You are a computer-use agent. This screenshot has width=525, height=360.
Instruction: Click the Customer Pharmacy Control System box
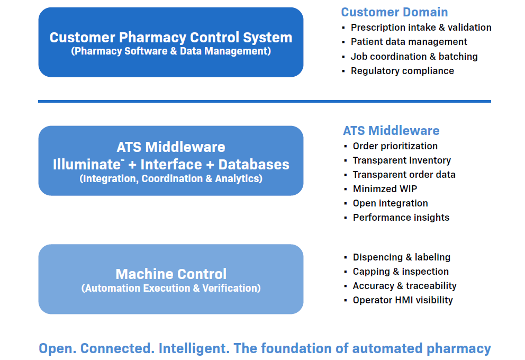click(x=170, y=42)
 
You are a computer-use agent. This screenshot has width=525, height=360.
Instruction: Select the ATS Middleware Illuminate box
click(x=170, y=161)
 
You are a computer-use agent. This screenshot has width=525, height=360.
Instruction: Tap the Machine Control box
click(x=170, y=280)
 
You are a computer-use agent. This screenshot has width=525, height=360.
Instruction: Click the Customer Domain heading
click(x=394, y=12)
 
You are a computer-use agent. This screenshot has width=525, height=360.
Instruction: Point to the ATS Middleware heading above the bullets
click(x=391, y=131)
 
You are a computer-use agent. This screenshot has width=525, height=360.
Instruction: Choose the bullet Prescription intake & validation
click(x=421, y=28)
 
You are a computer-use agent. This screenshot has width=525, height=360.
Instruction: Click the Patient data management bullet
click(x=409, y=42)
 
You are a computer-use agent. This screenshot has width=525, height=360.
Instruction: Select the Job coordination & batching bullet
click(x=414, y=57)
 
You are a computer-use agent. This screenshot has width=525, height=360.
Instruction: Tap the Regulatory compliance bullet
click(x=402, y=71)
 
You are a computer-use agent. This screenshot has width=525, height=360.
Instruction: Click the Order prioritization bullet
click(x=395, y=146)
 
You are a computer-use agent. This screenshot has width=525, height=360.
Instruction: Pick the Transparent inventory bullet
click(x=402, y=160)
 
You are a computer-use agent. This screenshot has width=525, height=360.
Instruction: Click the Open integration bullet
click(x=390, y=203)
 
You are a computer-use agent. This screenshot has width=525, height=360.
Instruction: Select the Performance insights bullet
click(x=401, y=218)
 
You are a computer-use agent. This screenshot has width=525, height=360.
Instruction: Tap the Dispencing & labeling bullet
click(x=401, y=257)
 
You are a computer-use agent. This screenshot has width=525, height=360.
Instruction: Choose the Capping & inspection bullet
click(x=401, y=272)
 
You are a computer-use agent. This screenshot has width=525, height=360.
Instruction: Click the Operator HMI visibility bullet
click(x=402, y=300)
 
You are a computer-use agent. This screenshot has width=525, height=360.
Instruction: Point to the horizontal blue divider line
click(x=264, y=101)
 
